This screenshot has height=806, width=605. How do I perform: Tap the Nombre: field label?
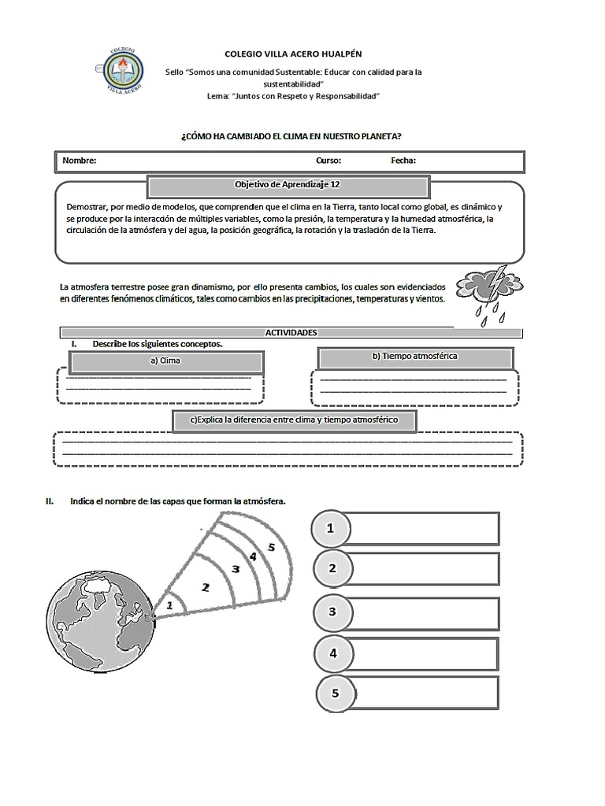click(x=80, y=161)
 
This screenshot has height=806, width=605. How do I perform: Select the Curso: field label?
click(x=328, y=161)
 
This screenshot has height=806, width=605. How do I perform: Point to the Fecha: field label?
click(x=403, y=161)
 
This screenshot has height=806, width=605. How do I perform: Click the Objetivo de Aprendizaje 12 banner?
click(x=288, y=185)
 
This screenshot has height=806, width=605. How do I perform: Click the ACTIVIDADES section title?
click(x=291, y=333)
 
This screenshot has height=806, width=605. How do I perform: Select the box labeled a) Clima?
click(x=165, y=361)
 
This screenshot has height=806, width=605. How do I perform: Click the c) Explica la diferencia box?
click(x=294, y=420)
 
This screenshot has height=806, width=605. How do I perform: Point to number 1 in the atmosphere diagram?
click(x=169, y=604)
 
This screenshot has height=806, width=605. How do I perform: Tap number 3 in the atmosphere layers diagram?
click(x=234, y=568)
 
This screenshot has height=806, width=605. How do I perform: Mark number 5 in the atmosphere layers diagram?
click(x=270, y=546)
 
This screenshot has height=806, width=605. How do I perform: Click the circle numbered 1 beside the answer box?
click(x=331, y=529)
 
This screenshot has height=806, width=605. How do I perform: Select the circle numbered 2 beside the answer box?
click(x=332, y=569)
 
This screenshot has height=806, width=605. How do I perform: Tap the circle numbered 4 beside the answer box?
click(x=333, y=653)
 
